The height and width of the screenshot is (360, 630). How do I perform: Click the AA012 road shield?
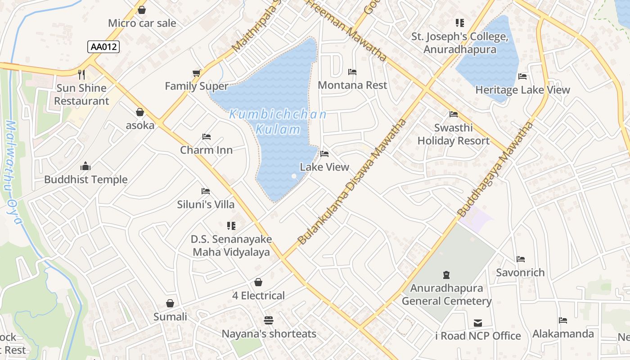(104, 46)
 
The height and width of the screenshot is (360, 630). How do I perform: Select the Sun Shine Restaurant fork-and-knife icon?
(81, 74)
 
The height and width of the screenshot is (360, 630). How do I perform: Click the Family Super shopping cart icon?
(196, 73)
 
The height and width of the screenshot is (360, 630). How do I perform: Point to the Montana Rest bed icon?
(352, 72)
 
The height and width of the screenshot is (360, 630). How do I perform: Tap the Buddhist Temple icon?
(85, 166)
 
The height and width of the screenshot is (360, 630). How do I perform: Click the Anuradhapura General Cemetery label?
(446, 295)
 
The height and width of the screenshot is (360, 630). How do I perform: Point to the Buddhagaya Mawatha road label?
(495, 169)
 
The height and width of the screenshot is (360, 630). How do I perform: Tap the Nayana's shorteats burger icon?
(269, 320)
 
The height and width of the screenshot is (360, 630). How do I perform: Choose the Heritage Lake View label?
(522, 90)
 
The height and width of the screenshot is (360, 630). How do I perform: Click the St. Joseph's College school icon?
(459, 22)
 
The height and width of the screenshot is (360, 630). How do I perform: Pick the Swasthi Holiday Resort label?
(453, 134)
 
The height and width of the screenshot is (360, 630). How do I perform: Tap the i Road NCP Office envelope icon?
(478, 323)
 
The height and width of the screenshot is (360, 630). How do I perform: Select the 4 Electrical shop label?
(258, 296)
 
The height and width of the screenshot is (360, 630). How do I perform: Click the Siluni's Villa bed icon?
(206, 191)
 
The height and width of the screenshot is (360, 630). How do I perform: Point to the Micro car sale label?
(142, 23)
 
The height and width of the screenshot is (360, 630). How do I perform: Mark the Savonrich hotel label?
(520, 272)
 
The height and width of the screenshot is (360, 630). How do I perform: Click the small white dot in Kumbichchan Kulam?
(294, 176)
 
